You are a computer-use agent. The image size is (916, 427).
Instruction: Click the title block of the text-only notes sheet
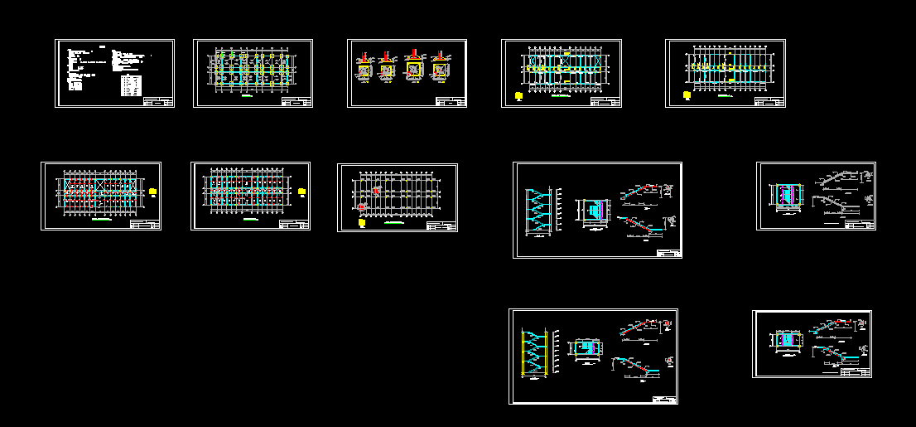tap(158, 101)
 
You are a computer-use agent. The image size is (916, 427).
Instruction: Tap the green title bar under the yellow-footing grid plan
tap(246, 98)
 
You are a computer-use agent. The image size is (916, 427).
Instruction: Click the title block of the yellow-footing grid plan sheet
tap(296, 101)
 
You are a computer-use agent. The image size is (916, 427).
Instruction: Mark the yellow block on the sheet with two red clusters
tap(363, 221)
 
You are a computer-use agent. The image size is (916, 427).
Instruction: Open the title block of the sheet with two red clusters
tap(441, 225)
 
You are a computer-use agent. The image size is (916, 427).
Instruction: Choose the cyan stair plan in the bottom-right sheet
tap(788, 341)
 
